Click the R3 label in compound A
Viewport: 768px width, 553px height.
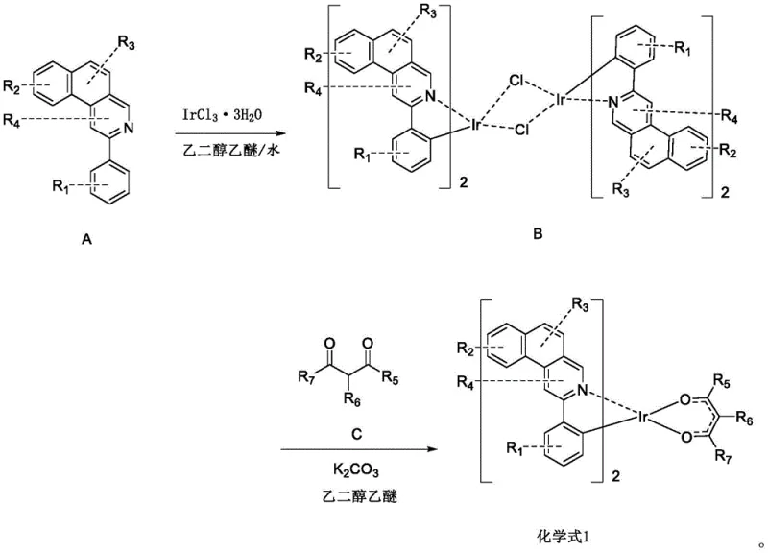127,41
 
